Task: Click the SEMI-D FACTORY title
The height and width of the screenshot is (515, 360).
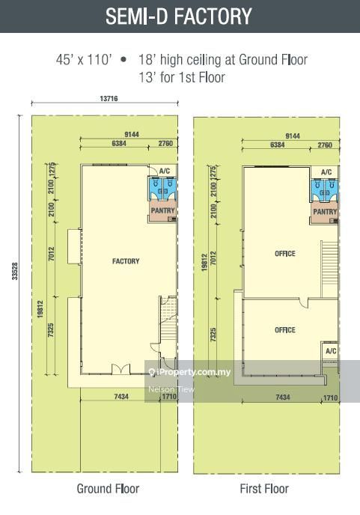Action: pyautogui.click(x=180, y=16)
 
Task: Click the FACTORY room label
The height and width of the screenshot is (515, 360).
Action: pyautogui.click(x=126, y=261)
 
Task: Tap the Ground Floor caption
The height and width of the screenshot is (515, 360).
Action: pyautogui.click(x=108, y=489)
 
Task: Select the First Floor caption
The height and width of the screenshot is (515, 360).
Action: pyautogui.click(x=263, y=489)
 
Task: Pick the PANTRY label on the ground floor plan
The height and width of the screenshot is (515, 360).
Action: pyautogui.click(x=163, y=211)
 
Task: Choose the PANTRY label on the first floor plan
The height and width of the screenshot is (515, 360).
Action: pyautogui.click(x=325, y=212)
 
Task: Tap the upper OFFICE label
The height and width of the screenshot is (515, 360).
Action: pyautogui.click(x=285, y=254)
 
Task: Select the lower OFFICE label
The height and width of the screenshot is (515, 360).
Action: pyautogui.click(x=285, y=330)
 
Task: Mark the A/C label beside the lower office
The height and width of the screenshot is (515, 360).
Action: pyautogui.click(x=331, y=351)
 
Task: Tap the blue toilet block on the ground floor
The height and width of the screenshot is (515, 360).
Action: pyautogui.click(x=162, y=189)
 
